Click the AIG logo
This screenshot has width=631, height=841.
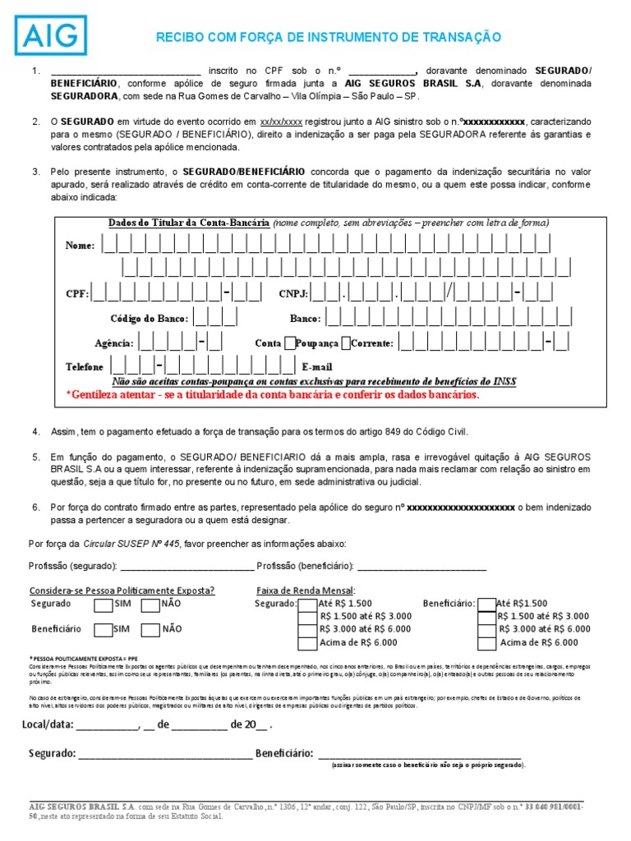tap(54, 35)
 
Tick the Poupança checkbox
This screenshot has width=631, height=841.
tap(291, 342)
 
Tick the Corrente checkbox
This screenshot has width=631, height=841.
tap(345, 342)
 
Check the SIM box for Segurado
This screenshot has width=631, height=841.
tap(103, 605)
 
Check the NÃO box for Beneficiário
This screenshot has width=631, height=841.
tap(150, 630)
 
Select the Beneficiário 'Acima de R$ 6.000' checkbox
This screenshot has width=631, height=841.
tap(486, 643)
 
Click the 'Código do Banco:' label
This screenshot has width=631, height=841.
tap(149, 319)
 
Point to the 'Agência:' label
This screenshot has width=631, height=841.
tap(114, 343)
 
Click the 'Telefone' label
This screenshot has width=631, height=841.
tap(85, 367)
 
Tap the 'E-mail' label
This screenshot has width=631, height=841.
tap(317, 367)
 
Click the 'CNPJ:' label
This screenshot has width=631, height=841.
tap(293, 294)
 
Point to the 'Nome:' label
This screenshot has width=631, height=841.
tap(80, 246)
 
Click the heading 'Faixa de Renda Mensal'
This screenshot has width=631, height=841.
tap(305, 591)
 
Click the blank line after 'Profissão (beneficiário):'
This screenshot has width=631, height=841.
tap(421, 567)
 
